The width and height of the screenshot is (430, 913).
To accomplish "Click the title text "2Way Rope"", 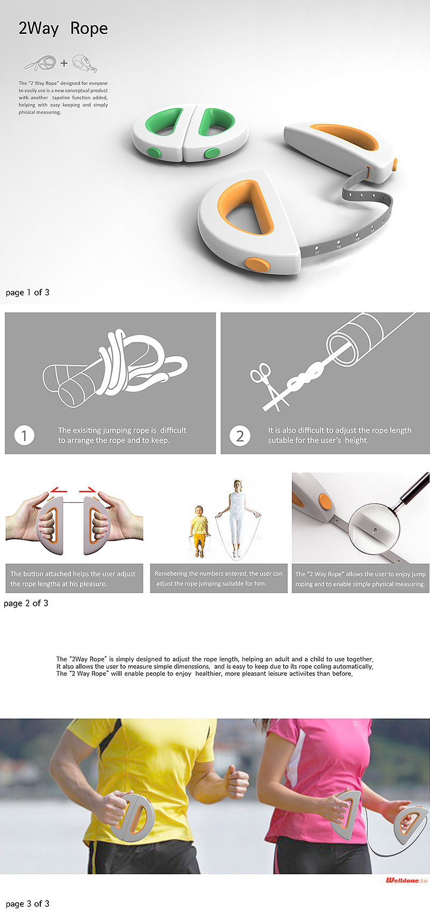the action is coord(63,28).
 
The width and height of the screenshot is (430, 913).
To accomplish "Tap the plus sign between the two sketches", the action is coord(64,63).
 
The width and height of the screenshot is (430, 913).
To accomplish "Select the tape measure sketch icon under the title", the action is coord(84,64).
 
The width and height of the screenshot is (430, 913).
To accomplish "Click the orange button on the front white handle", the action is coord(257,263).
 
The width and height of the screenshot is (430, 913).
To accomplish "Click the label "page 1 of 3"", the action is coord(27,293).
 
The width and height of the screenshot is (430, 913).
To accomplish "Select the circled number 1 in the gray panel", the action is coord(24,435).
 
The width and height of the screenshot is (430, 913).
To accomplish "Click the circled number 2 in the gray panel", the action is coord(240,436).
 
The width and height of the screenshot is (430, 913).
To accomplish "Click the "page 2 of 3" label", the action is coord(26,603).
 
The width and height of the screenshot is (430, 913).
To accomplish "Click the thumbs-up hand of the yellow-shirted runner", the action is coord(236,779).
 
